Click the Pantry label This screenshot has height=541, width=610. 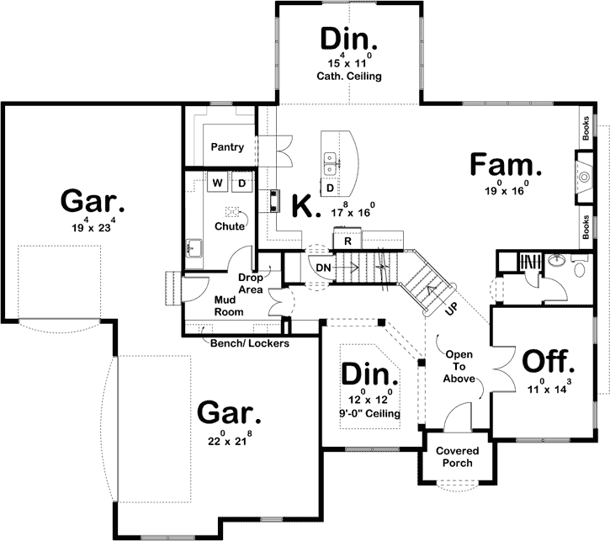click(x=227, y=147)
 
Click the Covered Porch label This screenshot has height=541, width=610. click(x=454, y=457)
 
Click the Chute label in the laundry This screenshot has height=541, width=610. click(x=230, y=226)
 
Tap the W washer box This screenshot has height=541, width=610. click(x=217, y=183)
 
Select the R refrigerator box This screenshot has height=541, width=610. click(x=347, y=241)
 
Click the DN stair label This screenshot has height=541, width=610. click(x=324, y=268)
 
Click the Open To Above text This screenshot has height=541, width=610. click(x=460, y=366)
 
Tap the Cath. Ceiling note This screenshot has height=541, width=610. click(x=349, y=77)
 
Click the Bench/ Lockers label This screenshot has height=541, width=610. click(x=250, y=343)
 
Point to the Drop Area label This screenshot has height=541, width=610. click(x=251, y=283)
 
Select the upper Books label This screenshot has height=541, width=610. click(x=585, y=127)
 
